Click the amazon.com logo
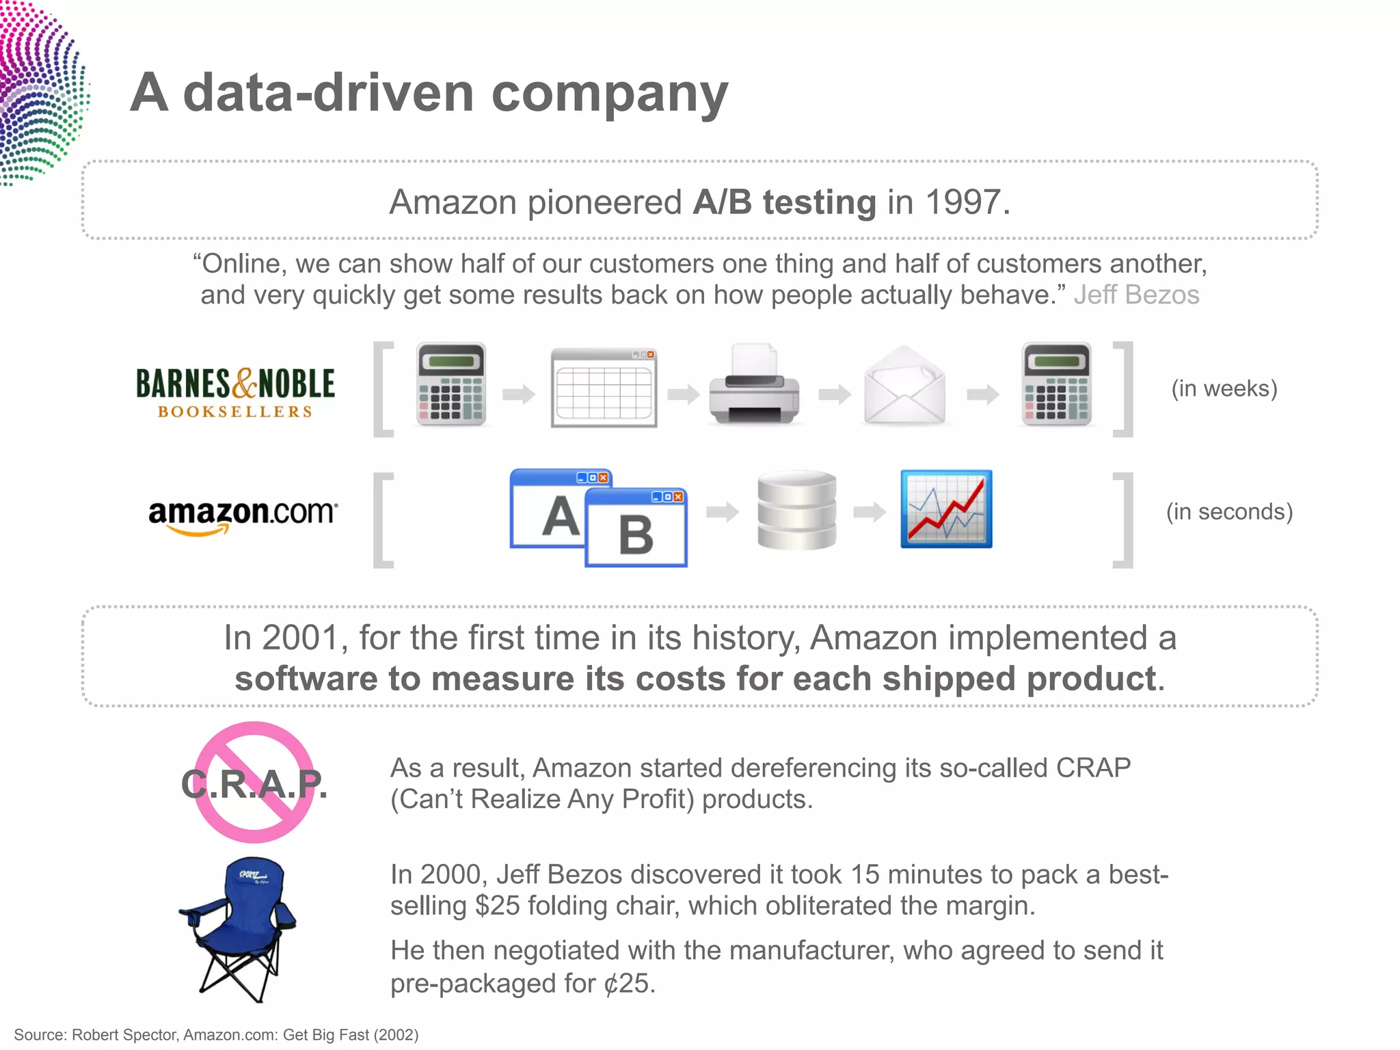point(243,515)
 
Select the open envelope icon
point(904,386)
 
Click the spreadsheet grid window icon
point(604,388)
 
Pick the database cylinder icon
point(796,510)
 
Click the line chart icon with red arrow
point(946,509)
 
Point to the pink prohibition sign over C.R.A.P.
point(254,782)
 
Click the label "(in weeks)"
point(1224,388)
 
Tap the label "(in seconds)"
point(1229,511)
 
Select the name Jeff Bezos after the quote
point(1136,295)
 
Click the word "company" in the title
point(610,94)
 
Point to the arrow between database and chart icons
point(870,511)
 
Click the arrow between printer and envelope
point(835,394)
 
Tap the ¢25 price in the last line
point(628,983)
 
